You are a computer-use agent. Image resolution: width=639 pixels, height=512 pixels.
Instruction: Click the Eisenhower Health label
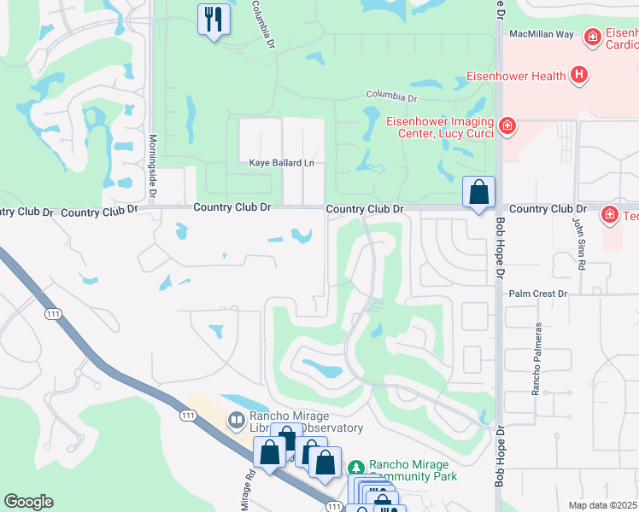tap(516, 76)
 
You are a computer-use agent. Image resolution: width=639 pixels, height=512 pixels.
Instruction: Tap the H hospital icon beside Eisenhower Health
tap(580, 75)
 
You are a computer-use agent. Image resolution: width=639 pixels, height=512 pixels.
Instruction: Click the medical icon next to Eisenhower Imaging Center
tap(507, 126)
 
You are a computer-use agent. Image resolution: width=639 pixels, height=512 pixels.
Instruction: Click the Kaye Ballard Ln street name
tap(282, 162)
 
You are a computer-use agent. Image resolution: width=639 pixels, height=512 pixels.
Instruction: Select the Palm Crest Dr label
tap(538, 294)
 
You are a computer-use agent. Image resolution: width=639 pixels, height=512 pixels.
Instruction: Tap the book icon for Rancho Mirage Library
tap(235, 421)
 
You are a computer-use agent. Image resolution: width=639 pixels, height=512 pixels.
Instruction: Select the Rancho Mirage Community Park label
tap(413, 471)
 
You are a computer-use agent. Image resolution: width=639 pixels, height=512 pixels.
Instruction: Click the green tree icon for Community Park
tap(356, 468)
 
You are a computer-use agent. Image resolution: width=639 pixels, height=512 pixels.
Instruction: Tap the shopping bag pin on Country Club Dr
tap(479, 191)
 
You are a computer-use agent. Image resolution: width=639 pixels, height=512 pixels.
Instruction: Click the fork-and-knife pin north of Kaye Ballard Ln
tap(213, 19)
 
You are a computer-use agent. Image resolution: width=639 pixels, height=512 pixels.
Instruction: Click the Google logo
tap(28, 502)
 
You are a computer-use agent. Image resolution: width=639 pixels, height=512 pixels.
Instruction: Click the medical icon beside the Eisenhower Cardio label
tap(591, 38)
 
